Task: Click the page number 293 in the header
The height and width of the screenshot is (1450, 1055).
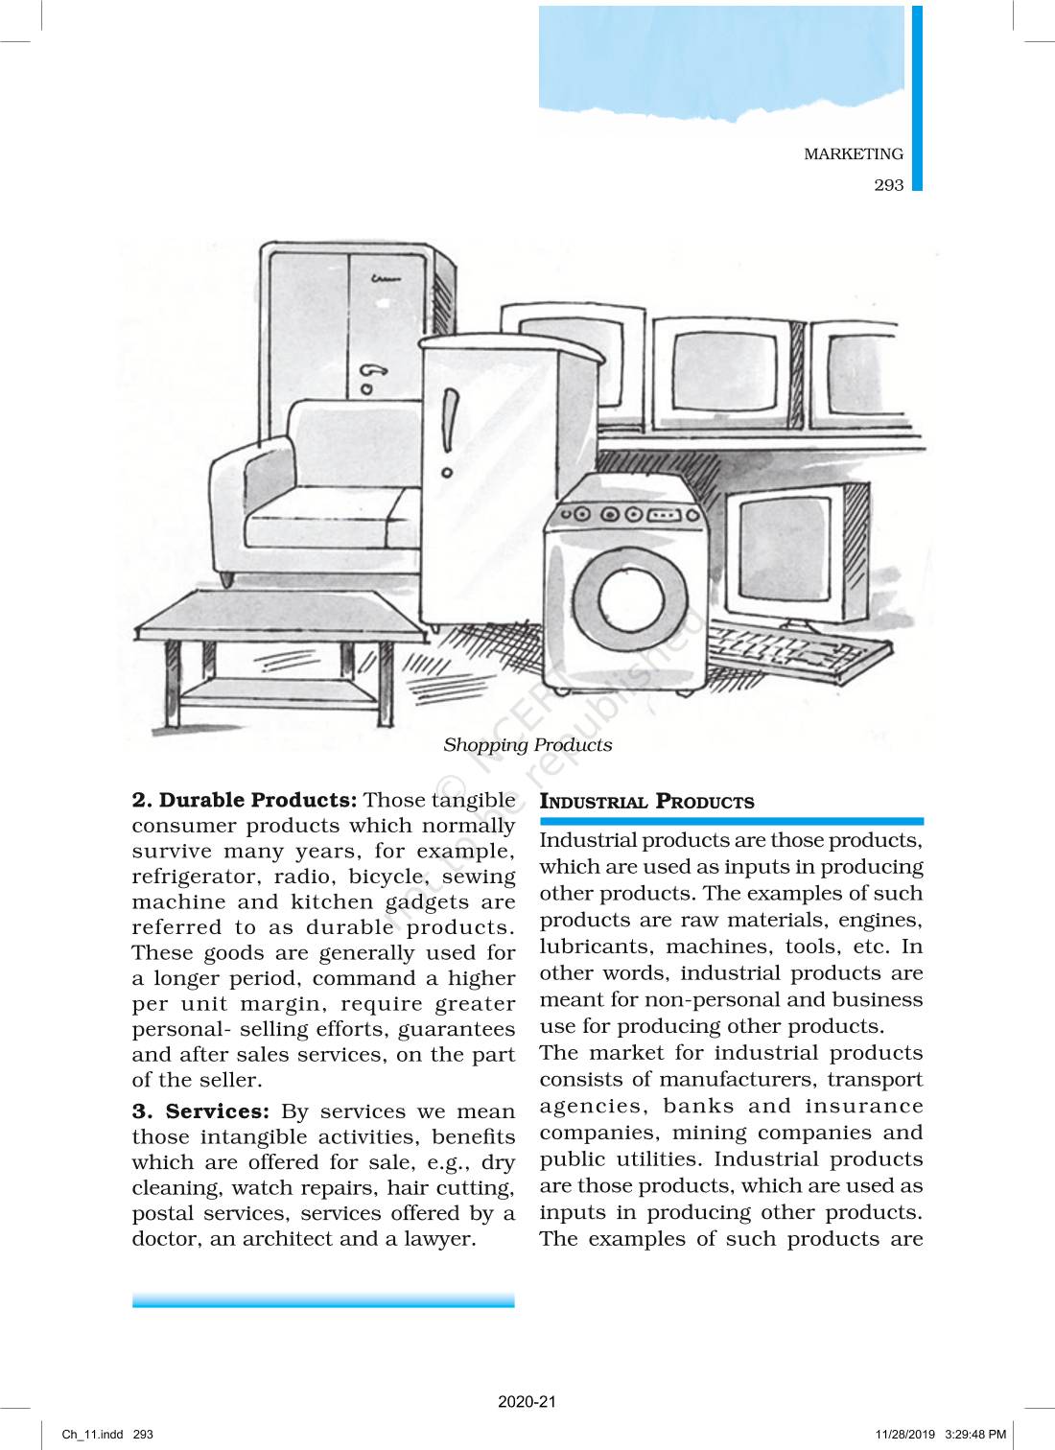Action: [888, 185]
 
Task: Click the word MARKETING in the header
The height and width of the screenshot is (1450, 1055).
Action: [853, 153]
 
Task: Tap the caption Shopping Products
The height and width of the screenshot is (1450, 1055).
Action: [527, 745]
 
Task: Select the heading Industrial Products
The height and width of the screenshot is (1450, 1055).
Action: [646, 802]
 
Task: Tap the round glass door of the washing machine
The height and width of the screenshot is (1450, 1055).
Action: [630, 599]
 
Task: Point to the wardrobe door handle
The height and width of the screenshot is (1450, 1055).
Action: [372, 369]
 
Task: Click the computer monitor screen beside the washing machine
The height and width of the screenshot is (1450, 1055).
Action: [785, 552]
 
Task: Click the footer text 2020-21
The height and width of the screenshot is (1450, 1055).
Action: [527, 1401]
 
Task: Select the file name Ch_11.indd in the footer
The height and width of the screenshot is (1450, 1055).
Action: [93, 1435]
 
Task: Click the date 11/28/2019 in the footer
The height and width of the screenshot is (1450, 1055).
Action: [904, 1435]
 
